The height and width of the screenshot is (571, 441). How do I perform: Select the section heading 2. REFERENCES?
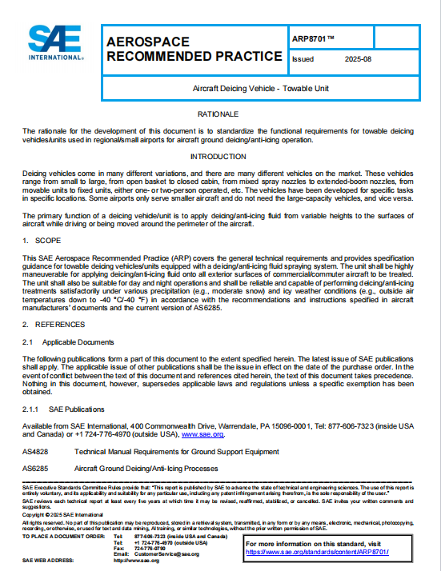(52, 324)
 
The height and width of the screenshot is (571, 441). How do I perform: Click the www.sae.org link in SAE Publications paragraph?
(202, 435)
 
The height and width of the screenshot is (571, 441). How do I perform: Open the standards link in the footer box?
(335, 552)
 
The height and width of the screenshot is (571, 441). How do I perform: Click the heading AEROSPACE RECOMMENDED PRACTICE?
(194, 49)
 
